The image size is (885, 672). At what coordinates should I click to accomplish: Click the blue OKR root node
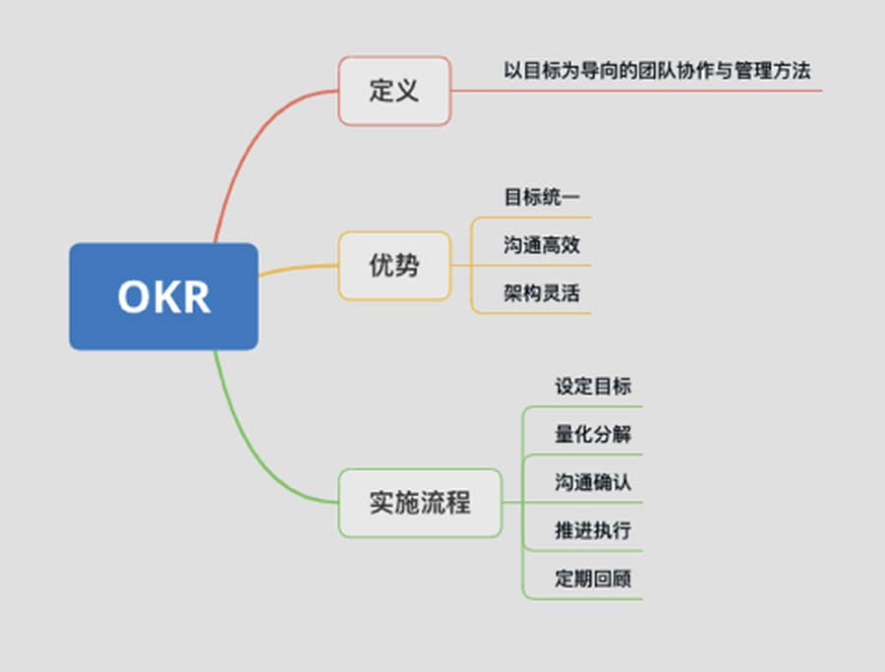tap(163, 296)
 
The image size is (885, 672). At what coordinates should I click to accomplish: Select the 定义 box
tap(394, 91)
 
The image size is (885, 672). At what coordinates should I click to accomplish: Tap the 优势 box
tap(394, 266)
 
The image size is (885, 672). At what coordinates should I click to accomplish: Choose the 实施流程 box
tap(420, 503)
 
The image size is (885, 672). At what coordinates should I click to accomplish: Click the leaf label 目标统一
tap(541, 197)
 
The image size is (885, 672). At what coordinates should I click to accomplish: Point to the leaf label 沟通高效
tap(541, 245)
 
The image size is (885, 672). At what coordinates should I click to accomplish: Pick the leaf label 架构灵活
tap(541, 293)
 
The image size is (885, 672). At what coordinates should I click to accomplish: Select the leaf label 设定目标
tap(593, 387)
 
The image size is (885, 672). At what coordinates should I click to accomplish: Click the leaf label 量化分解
tap(593, 434)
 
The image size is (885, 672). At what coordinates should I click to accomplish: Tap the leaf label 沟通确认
tap(593, 482)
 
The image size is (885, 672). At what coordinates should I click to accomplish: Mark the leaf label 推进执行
tap(593, 530)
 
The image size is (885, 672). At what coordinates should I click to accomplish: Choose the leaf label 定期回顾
tap(593, 579)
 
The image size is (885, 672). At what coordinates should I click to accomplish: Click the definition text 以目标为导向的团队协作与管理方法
tap(657, 71)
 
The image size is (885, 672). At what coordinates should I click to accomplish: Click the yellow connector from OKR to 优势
tap(298, 268)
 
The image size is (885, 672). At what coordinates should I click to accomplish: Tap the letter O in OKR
tap(133, 296)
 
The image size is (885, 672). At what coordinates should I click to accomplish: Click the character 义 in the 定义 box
tap(407, 91)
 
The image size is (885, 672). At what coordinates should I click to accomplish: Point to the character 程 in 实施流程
tap(457, 503)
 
